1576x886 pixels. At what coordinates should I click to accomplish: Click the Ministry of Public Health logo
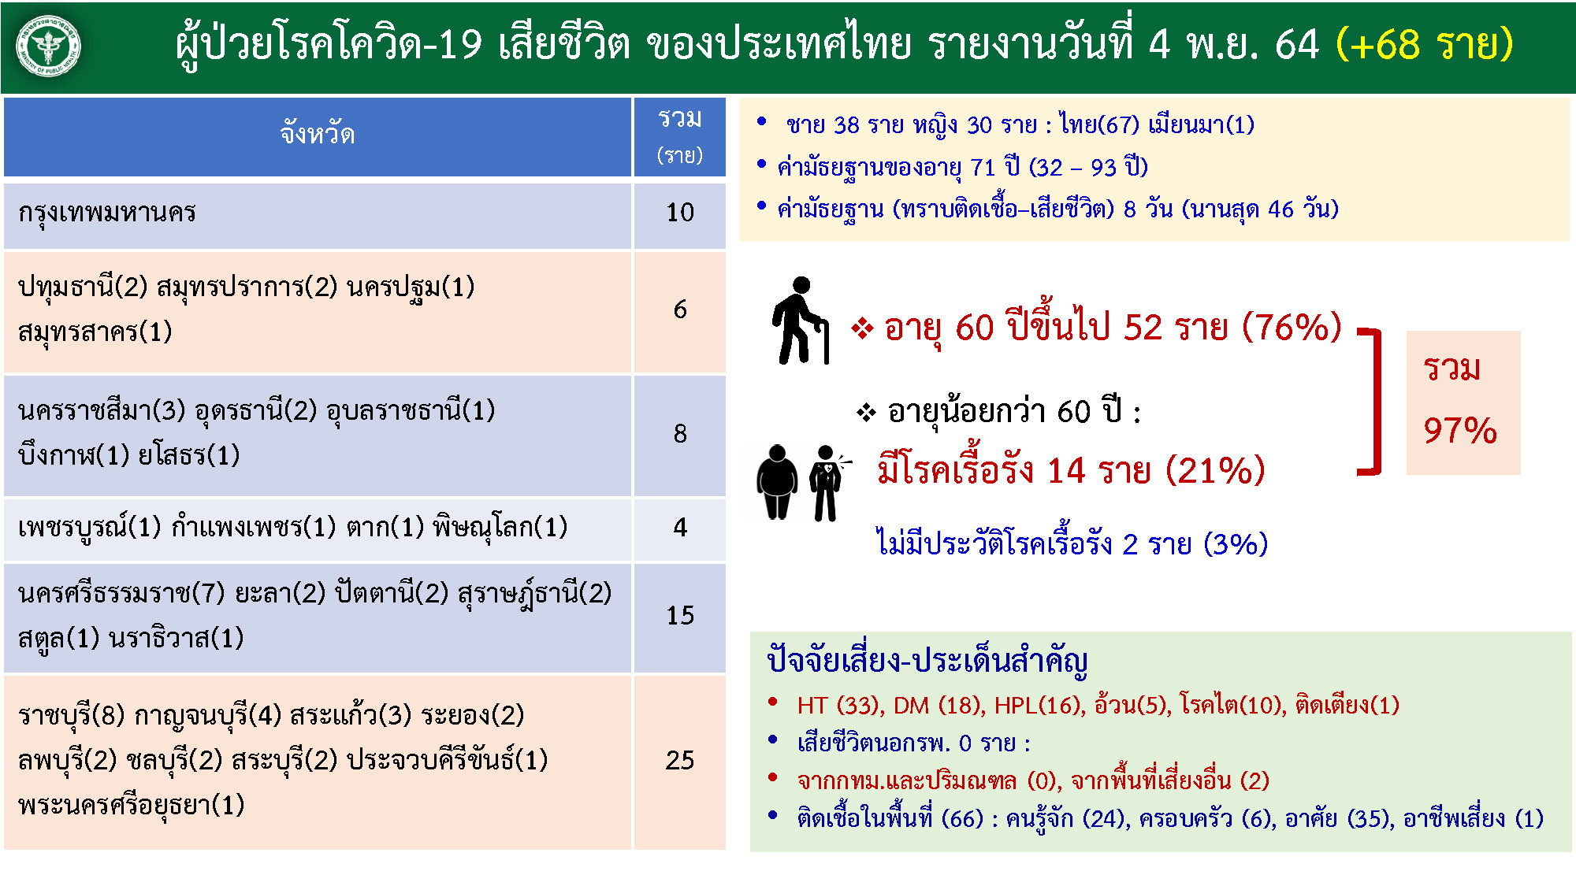(49, 47)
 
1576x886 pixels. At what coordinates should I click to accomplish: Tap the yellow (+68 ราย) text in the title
(1425, 44)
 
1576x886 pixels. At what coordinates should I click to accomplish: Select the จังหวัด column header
(318, 135)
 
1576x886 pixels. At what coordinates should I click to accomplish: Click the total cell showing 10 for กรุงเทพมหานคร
(680, 212)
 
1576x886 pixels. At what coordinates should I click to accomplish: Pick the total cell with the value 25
(680, 760)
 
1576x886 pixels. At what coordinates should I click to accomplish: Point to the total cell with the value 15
(680, 615)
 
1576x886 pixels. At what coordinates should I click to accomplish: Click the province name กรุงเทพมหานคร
(107, 213)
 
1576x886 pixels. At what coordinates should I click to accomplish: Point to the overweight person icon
(777, 481)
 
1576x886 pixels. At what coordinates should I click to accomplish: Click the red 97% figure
(1460, 431)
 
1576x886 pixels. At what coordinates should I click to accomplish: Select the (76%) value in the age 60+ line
(1292, 327)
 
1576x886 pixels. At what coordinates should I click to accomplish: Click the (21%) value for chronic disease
(1215, 470)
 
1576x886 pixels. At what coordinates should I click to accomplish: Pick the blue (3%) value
(1236, 544)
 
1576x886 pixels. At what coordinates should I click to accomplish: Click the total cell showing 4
(680, 528)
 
